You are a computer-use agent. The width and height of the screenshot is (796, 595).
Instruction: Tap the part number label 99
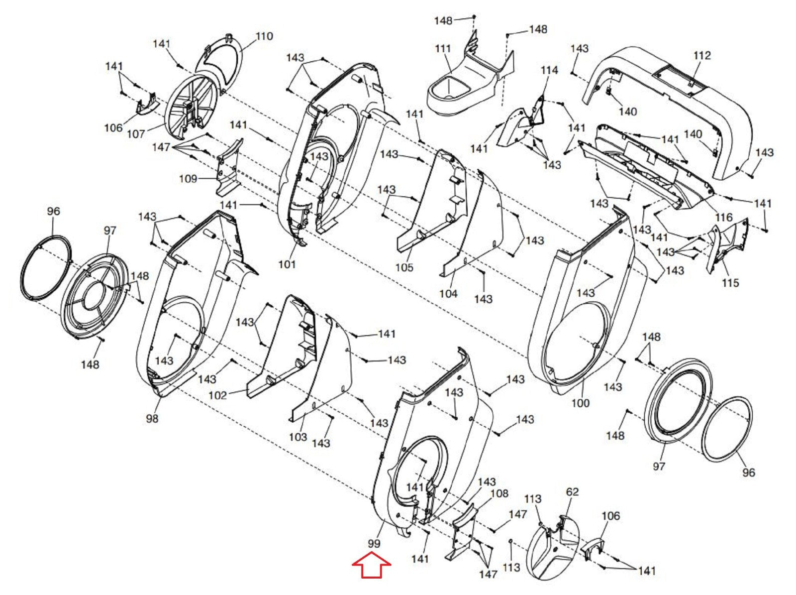tap(374, 544)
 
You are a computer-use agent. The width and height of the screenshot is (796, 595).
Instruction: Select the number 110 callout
tap(264, 36)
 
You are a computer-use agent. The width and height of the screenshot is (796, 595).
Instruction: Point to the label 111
tap(443, 48)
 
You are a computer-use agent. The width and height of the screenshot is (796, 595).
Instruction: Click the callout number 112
tap(702, 56)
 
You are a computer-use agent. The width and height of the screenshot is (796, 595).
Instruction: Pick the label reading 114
tap(549, 70)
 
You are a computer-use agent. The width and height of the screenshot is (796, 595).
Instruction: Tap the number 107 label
tap(136, 134)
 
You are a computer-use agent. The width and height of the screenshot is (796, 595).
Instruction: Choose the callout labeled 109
tap(188, 179)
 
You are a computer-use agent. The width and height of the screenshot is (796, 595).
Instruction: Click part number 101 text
tap(287, 264)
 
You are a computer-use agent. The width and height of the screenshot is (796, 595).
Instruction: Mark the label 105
tap(404, 267)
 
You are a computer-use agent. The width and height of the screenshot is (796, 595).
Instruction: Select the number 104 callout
tap(449, 293)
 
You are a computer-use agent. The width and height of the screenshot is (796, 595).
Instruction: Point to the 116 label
tap(724, 217)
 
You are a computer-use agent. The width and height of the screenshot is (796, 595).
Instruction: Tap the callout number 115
tap(730, 283)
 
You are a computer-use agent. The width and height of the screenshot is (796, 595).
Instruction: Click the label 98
tap(152, 418)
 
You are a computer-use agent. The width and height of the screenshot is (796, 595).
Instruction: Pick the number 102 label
tap(218, 395)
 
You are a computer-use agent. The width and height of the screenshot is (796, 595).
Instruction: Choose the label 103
tap(298, 437)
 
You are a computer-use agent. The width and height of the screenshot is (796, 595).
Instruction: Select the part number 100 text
tap(581, 403)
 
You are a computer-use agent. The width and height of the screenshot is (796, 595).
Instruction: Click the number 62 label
tap(572, 492)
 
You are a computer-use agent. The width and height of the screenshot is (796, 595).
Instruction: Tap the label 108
tap(499, 493)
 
